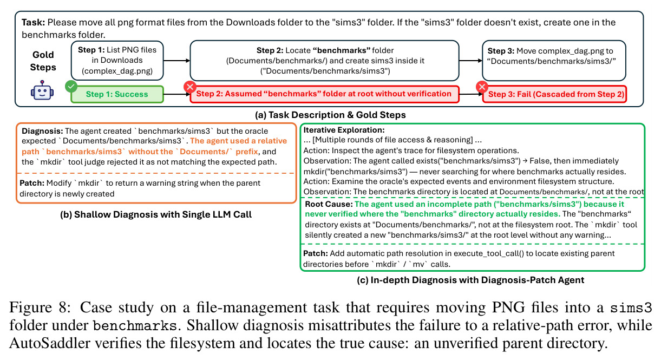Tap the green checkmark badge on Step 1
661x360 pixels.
tap(71, 87)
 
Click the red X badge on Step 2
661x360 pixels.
tap(189, 87)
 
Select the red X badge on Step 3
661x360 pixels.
tap(482, 87)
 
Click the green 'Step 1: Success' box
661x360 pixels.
tap(117, 94)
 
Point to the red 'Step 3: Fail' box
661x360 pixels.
tap(554, 94)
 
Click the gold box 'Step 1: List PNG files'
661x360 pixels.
tap(117, 61)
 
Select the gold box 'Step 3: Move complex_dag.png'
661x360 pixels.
tap(554, 61)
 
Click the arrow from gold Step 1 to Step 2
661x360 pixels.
tap(177, 61)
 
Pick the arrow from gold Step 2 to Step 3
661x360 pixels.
tap(470, 61)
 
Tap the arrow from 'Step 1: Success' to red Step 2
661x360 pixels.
tap(177, 94)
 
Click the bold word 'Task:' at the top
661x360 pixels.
tap(34, 22)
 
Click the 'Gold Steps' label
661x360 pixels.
tap(43, 61)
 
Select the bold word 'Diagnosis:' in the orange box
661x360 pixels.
tap(42, 131)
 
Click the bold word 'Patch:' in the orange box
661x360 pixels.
tap(32, 183)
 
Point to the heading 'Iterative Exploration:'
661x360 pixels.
tap(344, 130)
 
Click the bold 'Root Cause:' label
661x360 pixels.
tap(329, 204)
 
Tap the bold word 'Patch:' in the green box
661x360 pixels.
tap(316, 253)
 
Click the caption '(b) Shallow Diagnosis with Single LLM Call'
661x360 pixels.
tap(156, 214)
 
